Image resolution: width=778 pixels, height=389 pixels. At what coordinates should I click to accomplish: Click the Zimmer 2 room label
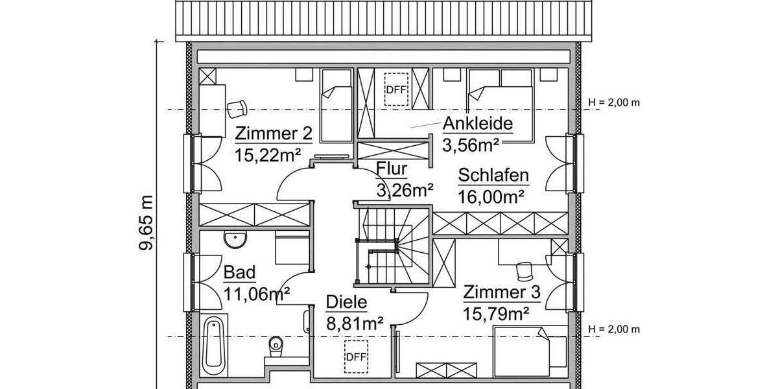[x=274, y=134]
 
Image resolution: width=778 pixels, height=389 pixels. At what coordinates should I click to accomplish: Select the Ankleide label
[x=478, y=124]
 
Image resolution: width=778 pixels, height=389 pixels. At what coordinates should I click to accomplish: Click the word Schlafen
[x=493, y=176]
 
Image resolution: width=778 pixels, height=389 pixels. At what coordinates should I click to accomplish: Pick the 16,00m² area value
[x=491, y=196]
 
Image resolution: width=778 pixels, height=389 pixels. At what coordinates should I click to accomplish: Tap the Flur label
[x=392, y=170]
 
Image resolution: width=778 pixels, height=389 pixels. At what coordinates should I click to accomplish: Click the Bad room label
[x=239, y=272]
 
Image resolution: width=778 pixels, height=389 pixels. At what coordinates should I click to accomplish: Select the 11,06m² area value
[x=256, y=294]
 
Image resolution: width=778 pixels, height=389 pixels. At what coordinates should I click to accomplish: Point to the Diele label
[x=346, y=302]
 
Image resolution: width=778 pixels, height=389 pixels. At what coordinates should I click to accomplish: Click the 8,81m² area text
[x=354, y=322]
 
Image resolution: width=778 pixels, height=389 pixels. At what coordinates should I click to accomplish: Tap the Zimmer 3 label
[x=501, y=293]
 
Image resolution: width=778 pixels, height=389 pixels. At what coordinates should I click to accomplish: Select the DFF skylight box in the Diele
[x=356, y=355]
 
